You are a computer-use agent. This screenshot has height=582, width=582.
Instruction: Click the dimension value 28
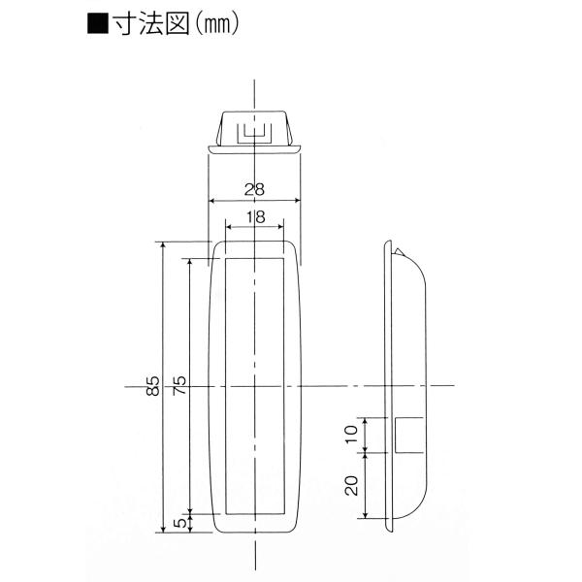pos(254,190)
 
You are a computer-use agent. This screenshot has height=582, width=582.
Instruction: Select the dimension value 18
pos(255,217)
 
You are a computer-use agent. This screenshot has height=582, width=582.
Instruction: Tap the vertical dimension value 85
pos(153,386)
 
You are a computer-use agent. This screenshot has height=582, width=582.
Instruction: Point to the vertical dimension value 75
pos(179,385)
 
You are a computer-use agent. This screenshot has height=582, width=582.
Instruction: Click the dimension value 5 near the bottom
pos(180,523)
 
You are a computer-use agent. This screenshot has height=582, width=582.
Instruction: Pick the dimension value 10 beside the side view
pos(351,434)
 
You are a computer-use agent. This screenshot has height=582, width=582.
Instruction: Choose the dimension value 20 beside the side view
pos(351,486)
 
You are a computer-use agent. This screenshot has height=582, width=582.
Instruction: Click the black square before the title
pos(98,24)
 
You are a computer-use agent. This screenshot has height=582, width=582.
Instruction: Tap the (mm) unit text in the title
pos(217,25)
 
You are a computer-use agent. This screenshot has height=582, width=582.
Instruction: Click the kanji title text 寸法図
pos(151,24)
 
